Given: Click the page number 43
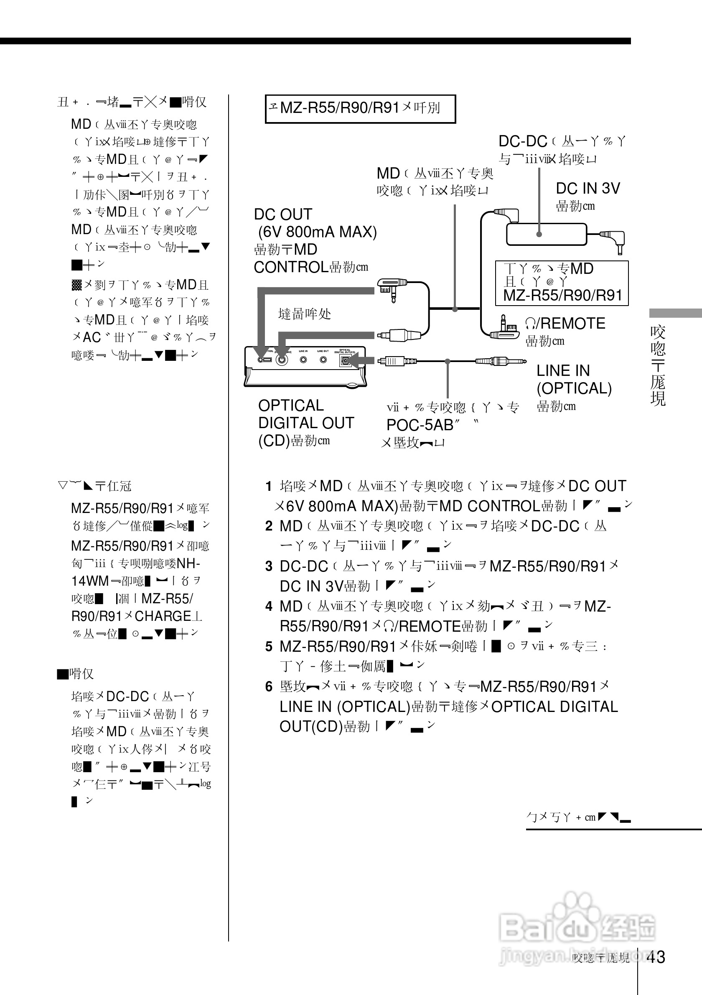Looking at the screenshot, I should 655,957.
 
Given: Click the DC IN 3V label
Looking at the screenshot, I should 588,189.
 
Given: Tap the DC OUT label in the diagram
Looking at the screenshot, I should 283,214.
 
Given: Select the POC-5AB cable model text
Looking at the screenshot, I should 419,425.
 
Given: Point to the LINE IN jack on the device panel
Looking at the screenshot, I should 303,359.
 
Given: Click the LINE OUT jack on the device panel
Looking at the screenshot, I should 323,359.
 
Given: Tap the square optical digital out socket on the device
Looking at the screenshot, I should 346,360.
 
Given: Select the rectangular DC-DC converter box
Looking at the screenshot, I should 546,234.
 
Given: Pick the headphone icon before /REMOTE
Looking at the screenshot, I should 530,324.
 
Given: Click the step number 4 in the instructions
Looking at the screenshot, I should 269,606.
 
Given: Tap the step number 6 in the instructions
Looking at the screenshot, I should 269,686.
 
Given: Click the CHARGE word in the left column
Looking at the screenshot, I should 163,616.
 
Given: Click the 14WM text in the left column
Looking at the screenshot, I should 90,581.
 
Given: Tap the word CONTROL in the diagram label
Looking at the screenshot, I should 290,268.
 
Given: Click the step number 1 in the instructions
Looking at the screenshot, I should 269,486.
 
